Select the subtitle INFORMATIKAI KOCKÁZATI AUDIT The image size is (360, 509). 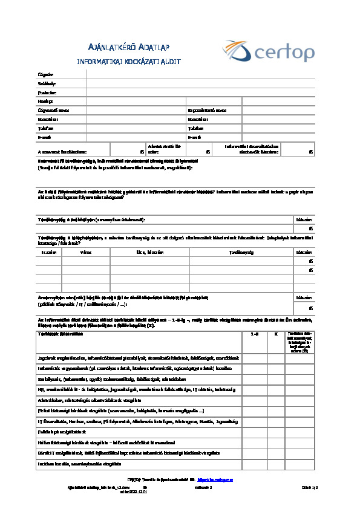click(128, 62)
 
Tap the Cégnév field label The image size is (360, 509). click(45, 74)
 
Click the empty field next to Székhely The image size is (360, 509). click(200, 83)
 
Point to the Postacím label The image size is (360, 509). click(47, 92)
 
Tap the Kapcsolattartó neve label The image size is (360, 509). click(207, 111)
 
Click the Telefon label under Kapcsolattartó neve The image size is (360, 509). click(195, 128)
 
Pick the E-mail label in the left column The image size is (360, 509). click(44, 137)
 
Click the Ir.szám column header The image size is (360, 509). click(48, 252)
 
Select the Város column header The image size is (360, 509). click(86, 252)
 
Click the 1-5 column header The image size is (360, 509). click(255, 334)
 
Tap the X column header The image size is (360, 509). click(276, 334)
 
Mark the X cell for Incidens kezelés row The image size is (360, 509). click(276, 464)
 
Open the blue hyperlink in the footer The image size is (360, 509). click(218, 479)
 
